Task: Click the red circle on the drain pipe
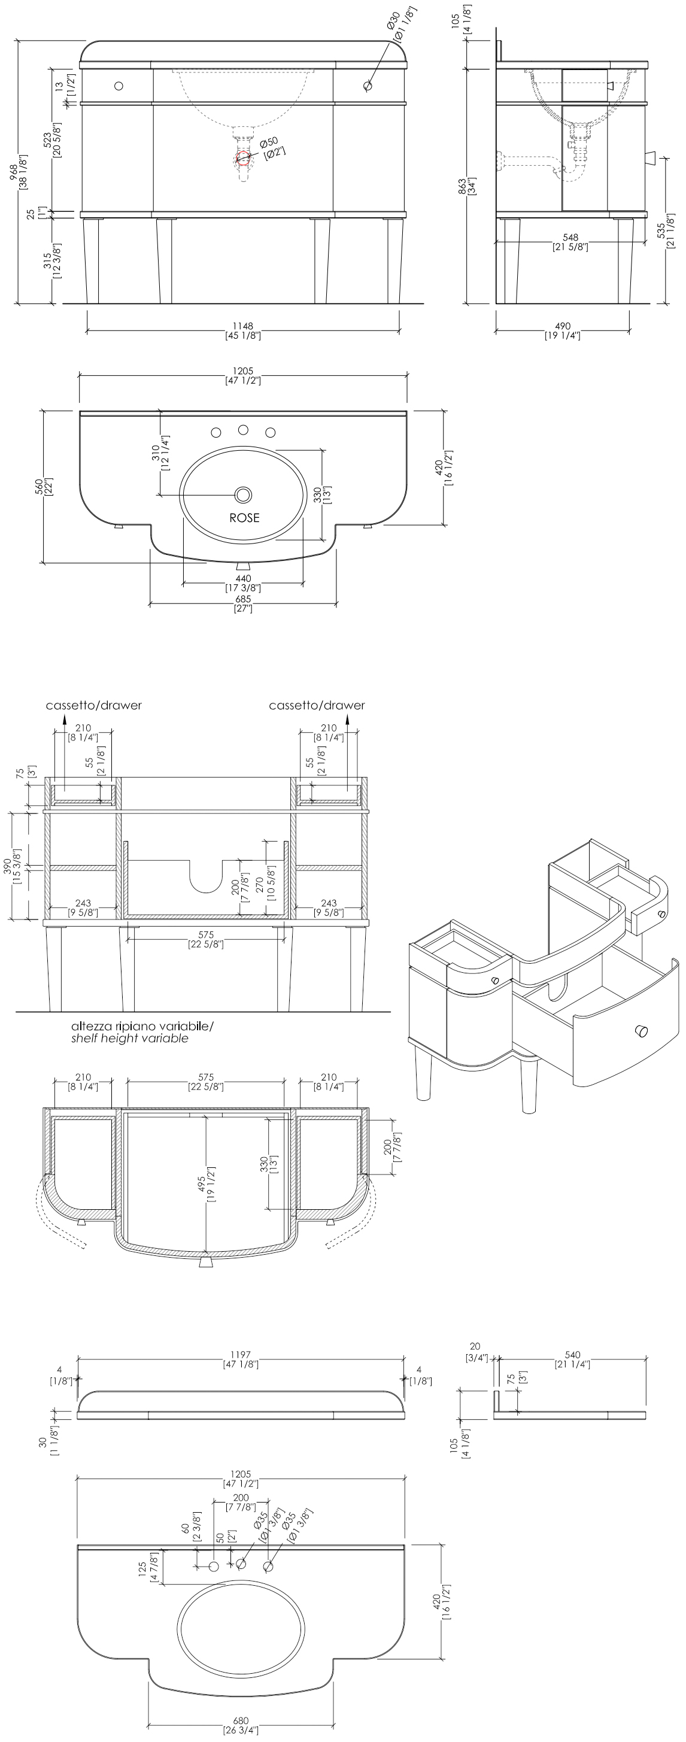[x=244, y=158]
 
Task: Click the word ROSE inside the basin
[x=244, y=517]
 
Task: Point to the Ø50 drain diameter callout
[x=269, y=142]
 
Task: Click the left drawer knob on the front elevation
[x=119, y=86]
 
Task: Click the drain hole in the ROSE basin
[x=243, y=495]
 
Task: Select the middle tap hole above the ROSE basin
[x=243, y=429]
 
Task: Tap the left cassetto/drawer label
[x=94, y=705]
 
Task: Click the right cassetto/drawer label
[x=317, y=705]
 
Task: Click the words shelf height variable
[x=130, y=1038]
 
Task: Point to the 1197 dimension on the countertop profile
[x=240, y=1355]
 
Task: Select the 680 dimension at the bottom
[x=241, y=1721]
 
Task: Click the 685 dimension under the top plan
[x=243, y=599]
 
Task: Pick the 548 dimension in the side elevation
[x=570, y=238]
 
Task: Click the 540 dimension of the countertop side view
[x=572, y=1355]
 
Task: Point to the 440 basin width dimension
[x=243, y=578]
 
